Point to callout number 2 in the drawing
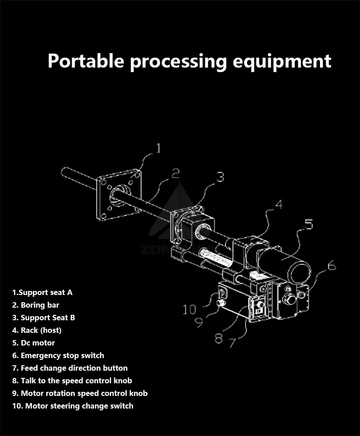pyautogui.click(x=175, y=173)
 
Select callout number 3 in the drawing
pyautogui.click(x=219, y=177)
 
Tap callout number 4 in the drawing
pyautogui.click(x=279, y=205)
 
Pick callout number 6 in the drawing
pyautogui.click(x=331, y=266)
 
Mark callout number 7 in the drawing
pyautogui.click(x=232, y=343)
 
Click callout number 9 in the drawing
pyautogui.click(x=198, y=322)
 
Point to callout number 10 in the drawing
pyautogui.click(x=189, y=309)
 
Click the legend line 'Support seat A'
pyautogui.click(x=42, y=292)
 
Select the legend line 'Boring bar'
pyautogui.click(x=36, y=305)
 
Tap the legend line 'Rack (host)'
pyautogui.click(x=37, y=330)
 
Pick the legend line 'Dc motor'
pyautogui.click(x=34, y=343)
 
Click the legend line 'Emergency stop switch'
pyautogui.click(x=58, y=355)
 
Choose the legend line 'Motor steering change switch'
pyautogui.click(x=73, y=406)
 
